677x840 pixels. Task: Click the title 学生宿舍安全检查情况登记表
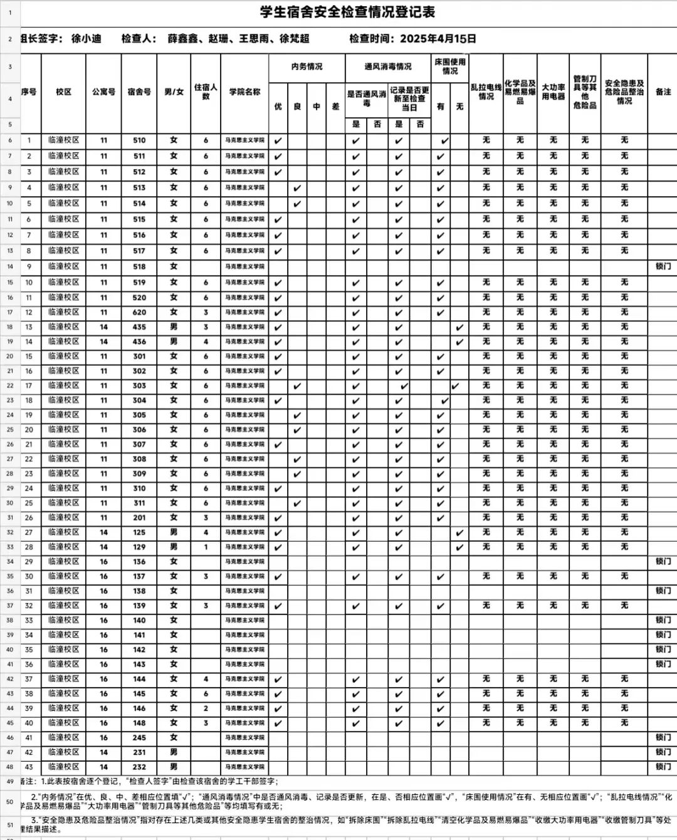(347, 12)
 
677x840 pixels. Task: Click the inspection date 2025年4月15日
(438, 39)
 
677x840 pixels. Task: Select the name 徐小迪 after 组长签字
(86, 39)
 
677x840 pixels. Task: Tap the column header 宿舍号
(139, 92)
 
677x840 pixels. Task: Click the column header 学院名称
(244, 92)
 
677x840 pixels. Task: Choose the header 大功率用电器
(553, 92)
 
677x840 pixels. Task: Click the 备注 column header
(663, 92)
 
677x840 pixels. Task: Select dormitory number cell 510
(139, 141)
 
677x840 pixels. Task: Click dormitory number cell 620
(139, 313)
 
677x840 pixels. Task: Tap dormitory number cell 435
(139, 327)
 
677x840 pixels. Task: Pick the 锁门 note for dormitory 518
(663, 266)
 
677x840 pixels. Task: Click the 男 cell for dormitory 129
(174, 547)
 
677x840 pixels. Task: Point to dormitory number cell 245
(139, 737)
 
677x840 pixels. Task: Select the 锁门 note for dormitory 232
(663, 767)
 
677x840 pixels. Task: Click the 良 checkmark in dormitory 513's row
(297, 188)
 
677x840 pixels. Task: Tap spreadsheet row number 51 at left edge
(9, 826)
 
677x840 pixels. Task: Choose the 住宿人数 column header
(206, 92)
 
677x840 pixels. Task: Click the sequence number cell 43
(29, 767)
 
